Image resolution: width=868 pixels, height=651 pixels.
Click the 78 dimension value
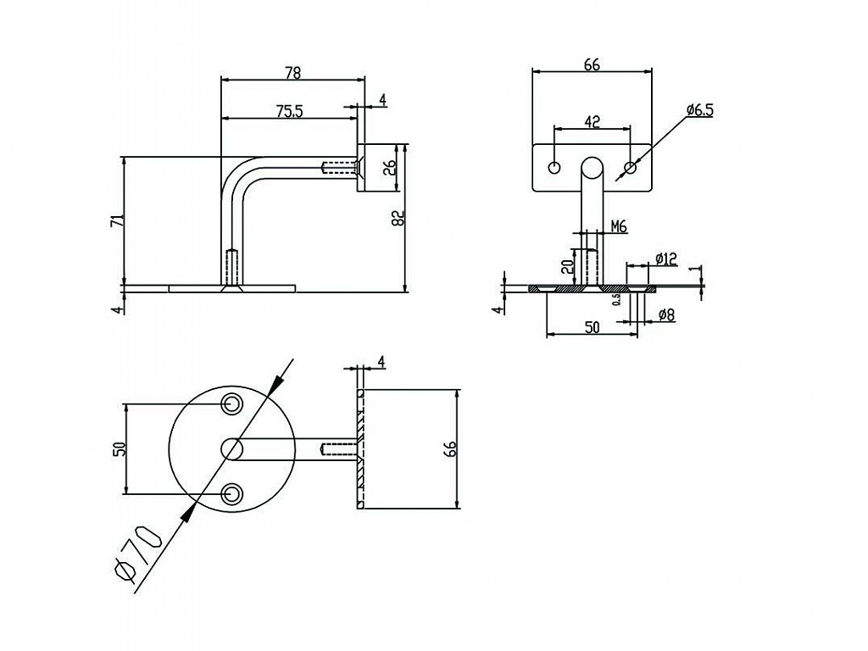pyautogui.click(x=292, y=73)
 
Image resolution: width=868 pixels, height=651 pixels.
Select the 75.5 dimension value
pyautogui.click(x=290, y=111)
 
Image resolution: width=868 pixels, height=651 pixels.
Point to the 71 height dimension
pyautogui.click(x=117, y=220)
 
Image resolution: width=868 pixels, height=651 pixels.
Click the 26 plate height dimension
pyautogui.click(x=389, y=168)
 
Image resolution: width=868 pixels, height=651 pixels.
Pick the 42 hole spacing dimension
pyautogui.click(x=593, y=122)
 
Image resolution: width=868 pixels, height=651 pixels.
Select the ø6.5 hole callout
pyautogui.click(x=699, y=110)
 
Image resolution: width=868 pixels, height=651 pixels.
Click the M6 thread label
pyautogui.click(x=619, y=226)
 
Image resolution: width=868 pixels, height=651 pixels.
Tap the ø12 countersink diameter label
pyautogui.click(x=666, y=259)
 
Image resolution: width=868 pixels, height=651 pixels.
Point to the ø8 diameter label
pyautogui.click(x=666, y=315)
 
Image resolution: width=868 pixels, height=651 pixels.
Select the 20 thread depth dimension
pyautogui.click(x=566, y=267)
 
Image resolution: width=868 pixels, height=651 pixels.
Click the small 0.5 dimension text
pyautogui.click(x=617, y=299)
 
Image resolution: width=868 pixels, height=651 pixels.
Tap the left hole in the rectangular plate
pyautogui.click(x=554, y=167)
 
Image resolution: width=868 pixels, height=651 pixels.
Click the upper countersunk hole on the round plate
pyautogui.click(x=231, y=404)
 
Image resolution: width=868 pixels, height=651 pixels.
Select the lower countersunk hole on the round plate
pyautogui.click(x=231, y=493)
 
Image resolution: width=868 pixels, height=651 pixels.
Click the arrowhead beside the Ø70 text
pyautogui.click(x=189, y=513)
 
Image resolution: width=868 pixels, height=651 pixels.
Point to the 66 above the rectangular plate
pyautogui.click(x=592, y=64)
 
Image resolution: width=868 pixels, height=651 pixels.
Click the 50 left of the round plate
pyautogui.click(x=120, y=448)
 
